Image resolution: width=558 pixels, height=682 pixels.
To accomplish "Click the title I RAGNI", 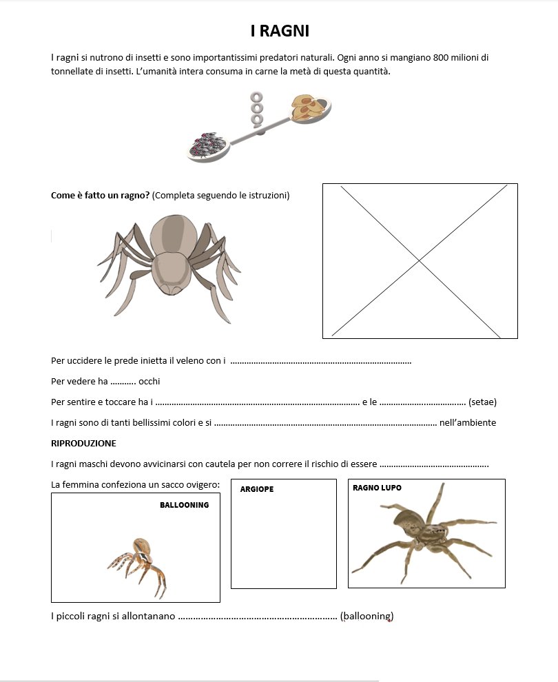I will click(x=280, y=31).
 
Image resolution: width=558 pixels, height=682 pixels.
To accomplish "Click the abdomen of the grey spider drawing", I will click(x=169, y=271).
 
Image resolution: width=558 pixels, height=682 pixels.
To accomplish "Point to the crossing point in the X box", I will click(x=419, y=260).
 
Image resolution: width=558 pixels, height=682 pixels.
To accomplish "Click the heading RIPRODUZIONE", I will click(x=83, y=443).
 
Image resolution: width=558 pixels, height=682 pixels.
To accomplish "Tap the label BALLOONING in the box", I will click(x=184, y=505).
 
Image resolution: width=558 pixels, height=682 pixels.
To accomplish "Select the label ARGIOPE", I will click(x=257, y=489).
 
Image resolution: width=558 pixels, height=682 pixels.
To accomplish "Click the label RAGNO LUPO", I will click(x=377, y=488).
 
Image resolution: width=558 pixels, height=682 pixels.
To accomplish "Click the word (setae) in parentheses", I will click(x=482, y=402).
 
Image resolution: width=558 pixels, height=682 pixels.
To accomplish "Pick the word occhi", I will click(x=149, y=381).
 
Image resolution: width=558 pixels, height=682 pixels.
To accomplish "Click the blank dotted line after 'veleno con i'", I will click(x=320, y=361).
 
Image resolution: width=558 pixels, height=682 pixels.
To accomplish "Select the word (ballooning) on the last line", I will click(x=366, y=616).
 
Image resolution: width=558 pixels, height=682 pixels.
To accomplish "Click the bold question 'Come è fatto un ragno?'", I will click(x=101, y=195).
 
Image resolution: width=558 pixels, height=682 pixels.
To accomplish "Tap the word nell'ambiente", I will click(x=468, y=422).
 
